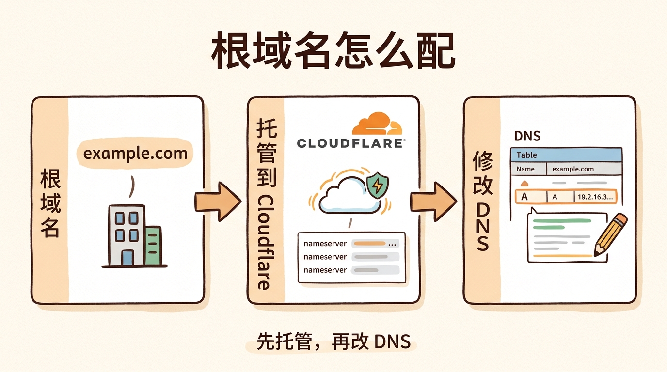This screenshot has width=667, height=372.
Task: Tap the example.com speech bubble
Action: pyautogui.click(x=135, y=154)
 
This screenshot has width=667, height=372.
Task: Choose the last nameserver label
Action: pyautogui.click(x=325, y=270)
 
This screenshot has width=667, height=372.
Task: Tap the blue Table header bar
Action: pyautogui.click(x=566, y=155)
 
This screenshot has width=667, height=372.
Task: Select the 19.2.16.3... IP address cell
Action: pyautogui.click(x=595, y=197)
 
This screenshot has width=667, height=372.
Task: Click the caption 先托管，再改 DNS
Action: pyautogui.click(x=333, y=342)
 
